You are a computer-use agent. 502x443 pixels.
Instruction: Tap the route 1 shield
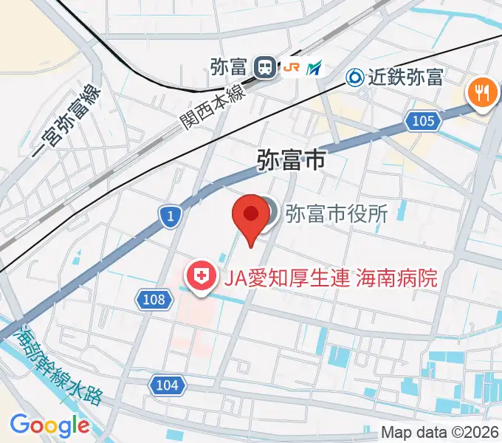click(169, 216)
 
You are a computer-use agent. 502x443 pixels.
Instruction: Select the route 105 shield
click(422, 120)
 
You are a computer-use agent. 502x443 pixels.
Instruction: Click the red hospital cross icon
click(200, 278)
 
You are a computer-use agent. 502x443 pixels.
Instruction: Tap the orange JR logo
click(291, 68)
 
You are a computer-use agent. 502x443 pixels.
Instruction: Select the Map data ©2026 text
click(440, 432)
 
